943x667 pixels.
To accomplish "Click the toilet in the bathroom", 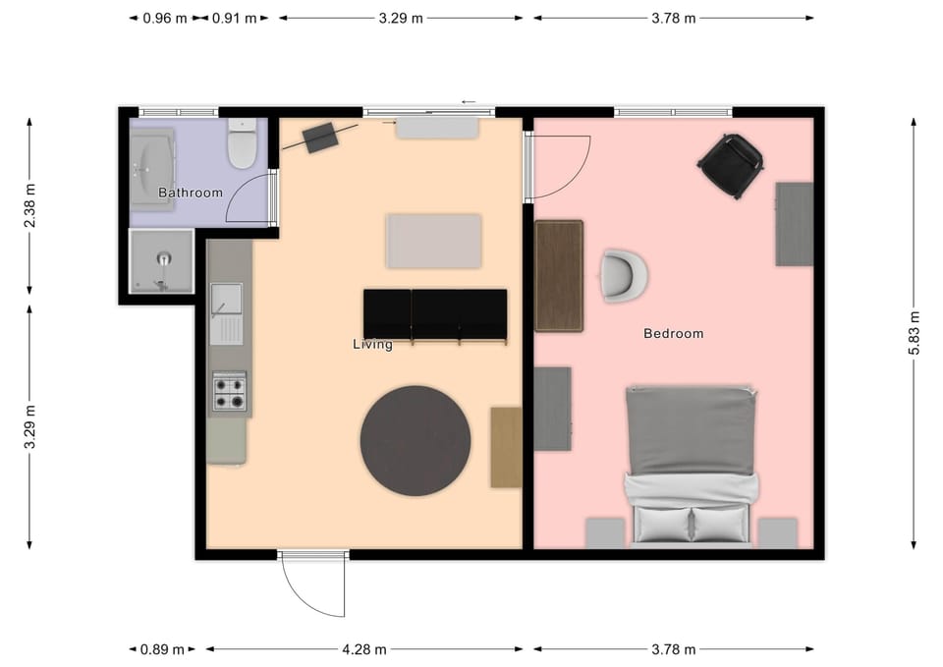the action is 243,143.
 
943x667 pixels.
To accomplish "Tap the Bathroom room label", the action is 190,193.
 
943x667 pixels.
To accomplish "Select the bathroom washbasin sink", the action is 153,169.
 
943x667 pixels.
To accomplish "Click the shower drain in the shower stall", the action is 164,259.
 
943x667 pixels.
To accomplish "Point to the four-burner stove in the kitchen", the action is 230,391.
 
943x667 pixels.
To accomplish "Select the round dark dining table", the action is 416,441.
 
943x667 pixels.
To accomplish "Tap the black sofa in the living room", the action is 435,315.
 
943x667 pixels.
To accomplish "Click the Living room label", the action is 372,344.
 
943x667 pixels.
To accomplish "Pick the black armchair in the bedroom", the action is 731,165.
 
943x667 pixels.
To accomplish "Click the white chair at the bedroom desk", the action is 624,275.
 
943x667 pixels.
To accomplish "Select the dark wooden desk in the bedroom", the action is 559,276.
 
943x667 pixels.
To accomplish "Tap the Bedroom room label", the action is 673,333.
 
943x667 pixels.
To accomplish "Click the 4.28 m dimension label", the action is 364,649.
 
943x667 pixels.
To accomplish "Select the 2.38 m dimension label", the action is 29,205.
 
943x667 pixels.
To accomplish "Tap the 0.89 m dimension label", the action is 162,649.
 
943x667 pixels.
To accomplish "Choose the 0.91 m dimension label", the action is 235,19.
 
